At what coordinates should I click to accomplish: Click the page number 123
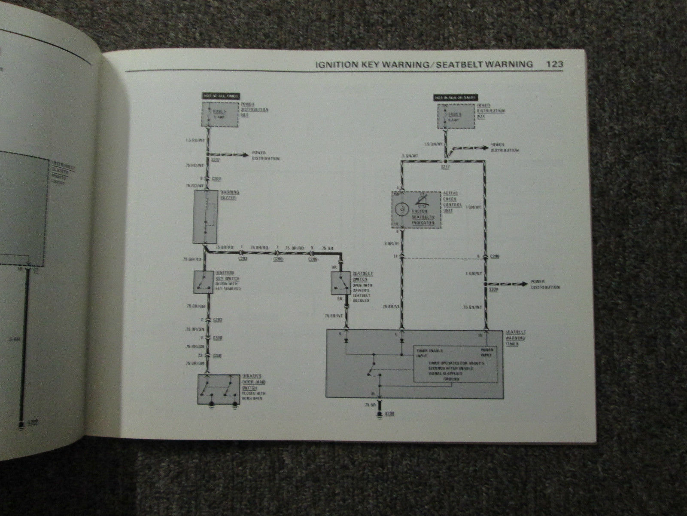coord(554,64)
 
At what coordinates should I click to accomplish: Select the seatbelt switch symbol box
coord(339,283)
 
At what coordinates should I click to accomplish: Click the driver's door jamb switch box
coord(219,390)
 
